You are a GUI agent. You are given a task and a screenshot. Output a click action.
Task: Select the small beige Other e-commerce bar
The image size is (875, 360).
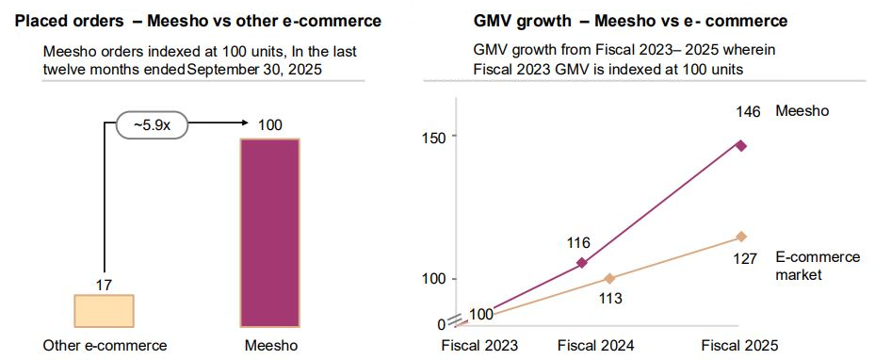click(x=104, y=310)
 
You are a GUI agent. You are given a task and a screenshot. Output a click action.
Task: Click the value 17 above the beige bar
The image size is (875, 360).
click(x=104, y=284)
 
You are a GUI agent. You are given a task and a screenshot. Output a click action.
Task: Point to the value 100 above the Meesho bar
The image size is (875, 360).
click(x=269, y=124)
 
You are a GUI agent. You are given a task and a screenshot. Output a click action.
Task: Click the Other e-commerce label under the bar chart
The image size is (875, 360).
click(x=105, y=346)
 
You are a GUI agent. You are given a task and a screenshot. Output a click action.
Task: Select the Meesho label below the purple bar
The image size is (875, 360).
click(x=270, y=346)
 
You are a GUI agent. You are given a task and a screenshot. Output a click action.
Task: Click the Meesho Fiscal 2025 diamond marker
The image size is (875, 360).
click(x=741, y=145)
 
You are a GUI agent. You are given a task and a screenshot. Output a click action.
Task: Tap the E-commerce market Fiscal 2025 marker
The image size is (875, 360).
click(x=741, y=237)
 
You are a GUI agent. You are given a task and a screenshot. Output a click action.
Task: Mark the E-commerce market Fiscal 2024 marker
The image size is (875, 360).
click(x=609, y=278)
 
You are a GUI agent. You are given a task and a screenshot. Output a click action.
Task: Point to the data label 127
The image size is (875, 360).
click(x=744, y=257)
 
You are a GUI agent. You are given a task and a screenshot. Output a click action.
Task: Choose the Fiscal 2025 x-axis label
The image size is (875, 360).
click(x=741, y=345)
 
